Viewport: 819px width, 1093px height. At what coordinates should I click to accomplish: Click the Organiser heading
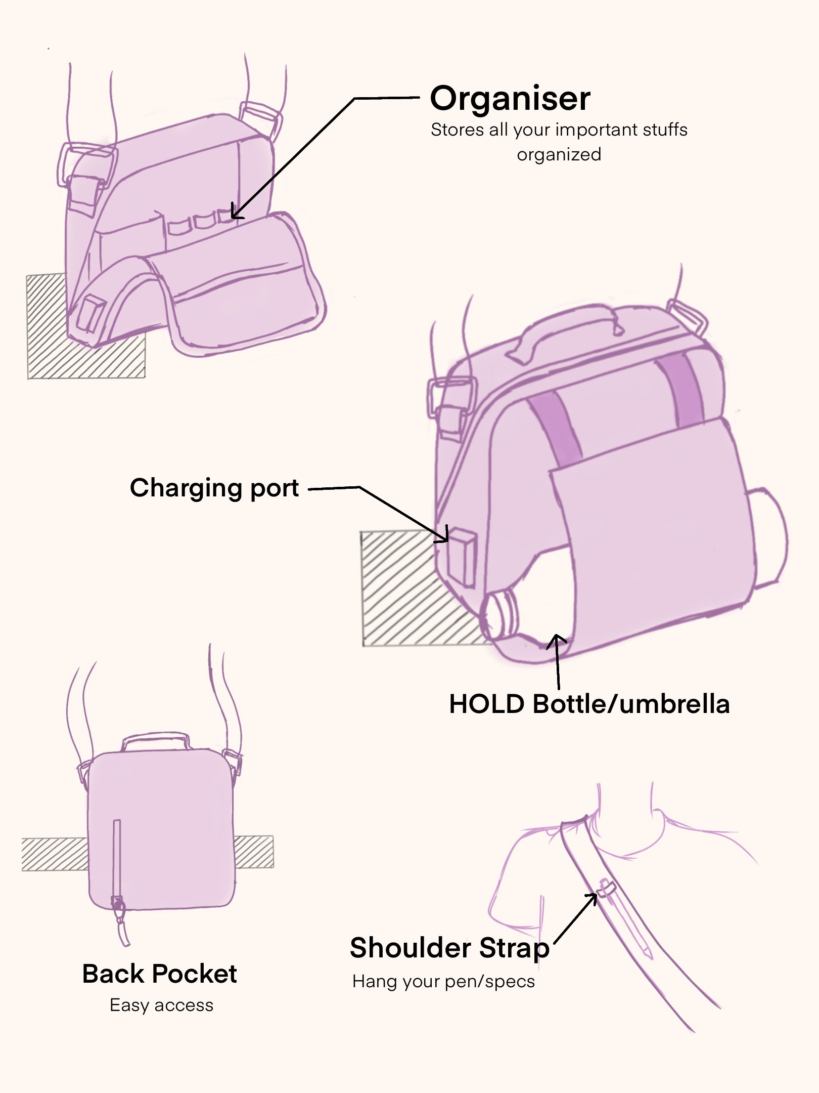click(x=510, y=98)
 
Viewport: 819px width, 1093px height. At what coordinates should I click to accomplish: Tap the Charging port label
click(x=214, y=489)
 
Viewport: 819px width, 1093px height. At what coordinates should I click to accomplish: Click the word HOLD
click(x=487, y=704)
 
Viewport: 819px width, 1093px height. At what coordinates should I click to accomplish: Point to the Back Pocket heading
click(x=159, y=974)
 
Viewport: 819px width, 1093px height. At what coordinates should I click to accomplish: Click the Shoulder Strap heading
click(x=449, y=947)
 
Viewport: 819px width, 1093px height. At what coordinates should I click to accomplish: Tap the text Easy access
click(x=161, y=1005)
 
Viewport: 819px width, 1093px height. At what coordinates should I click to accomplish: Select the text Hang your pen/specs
click(x=443, y=982)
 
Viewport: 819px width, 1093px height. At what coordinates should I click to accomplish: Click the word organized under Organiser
click(x=559, y=154)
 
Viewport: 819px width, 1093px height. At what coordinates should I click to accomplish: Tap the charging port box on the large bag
click(x=462, y=557)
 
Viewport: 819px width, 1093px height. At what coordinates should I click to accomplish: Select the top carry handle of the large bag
click(x=566, y=329)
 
